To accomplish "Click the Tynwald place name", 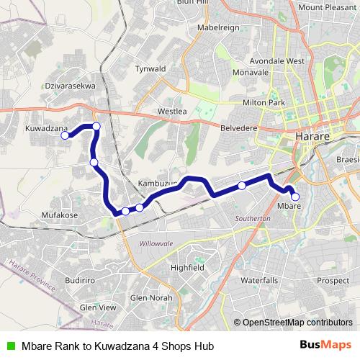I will pyautogui.click(x=150, y=69).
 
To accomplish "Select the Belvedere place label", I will pyautogui.click(x=238, y=127).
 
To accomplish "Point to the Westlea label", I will pyautogui.click(x=172, y=112).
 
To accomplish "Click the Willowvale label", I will pyautogui.click(x=157, y=244).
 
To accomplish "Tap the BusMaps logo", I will pyautogui.click(x=325, y=346).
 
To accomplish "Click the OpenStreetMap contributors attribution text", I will pyautogui.click(x=297, y=323).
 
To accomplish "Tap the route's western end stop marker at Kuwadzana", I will pyautogui.click(x=65, y=135).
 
